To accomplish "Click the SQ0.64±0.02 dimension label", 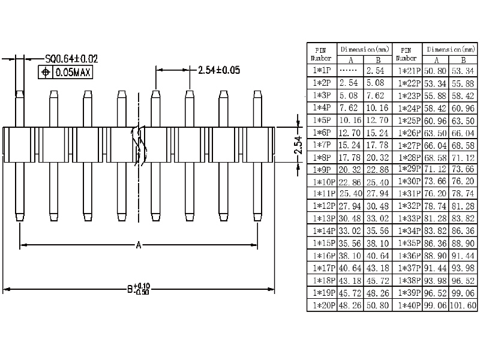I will point(71,59).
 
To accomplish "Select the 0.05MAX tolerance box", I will point(72,73).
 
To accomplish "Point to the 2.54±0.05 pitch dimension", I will point(219,70).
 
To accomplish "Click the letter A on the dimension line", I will point(139,245).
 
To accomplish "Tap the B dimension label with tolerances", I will point(139,289).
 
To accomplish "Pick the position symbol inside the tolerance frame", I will point(46,73).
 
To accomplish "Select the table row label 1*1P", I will point(322,71).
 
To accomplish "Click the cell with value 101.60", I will point(463,305).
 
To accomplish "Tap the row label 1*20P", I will point(322,305).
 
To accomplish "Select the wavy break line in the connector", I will point(142,145).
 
